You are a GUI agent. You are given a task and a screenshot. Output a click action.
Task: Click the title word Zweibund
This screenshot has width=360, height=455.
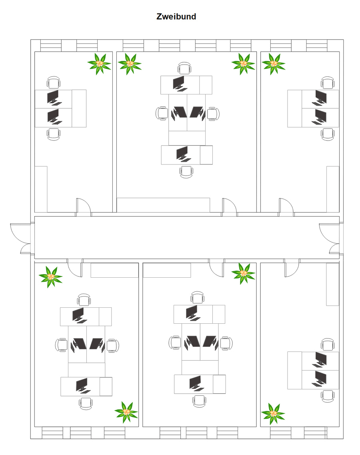[x=176, y=16]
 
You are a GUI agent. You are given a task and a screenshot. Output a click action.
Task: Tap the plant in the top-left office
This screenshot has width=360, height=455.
[x=99, y=64]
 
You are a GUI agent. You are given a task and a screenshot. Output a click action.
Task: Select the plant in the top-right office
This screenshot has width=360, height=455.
[x=274, y=64]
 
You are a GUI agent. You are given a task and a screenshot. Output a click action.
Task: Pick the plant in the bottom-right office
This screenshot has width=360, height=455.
[x=273, y=414]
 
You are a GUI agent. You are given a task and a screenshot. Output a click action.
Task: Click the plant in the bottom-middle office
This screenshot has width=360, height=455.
[x=243, y=274]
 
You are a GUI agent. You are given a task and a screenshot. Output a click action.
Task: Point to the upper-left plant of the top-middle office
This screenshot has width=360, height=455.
[x=130, y=64]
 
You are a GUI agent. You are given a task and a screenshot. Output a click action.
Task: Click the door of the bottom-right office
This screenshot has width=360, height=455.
[x=292, y=268]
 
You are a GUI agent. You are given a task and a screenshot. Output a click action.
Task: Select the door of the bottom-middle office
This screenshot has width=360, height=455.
[x=216, y=268]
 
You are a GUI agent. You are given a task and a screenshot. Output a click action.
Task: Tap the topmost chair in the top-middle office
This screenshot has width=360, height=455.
[x=184, y=68]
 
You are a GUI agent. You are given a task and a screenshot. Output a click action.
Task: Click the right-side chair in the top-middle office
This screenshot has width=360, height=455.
[x=214, y=114]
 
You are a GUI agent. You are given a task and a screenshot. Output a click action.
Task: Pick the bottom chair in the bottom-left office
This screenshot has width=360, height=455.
[x=86, y=404]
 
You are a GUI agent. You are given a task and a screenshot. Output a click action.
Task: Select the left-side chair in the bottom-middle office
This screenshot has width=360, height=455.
[x=175, y=343]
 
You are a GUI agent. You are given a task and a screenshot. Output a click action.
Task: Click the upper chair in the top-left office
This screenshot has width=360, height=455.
[x=54, y=82]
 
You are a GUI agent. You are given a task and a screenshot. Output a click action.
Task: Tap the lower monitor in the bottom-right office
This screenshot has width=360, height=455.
[x=319, y=379]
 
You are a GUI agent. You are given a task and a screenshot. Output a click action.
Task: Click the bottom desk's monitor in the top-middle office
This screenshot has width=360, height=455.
[x=183, y=154]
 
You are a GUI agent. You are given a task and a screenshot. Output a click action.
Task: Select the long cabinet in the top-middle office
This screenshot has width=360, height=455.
[x=163, y=205]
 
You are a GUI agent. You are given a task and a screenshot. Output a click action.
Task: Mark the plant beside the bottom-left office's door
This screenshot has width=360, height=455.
[x=51, y=277]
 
